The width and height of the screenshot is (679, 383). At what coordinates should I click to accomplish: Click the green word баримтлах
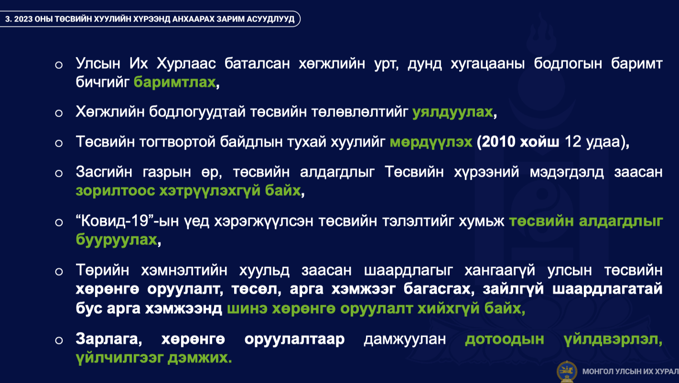pyautogui.click(x=174, y=83)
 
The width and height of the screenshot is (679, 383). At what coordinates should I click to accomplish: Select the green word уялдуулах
pyautogui.click(x=453, y=112)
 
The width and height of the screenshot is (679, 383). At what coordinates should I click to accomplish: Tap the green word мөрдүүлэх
pyautogui.click(x=431, y=142)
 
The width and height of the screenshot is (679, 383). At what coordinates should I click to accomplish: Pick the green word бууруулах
pyautogui.click(x=117, y=240)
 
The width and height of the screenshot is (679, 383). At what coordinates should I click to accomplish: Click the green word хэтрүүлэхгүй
pyautogui.click(x=210, y=191)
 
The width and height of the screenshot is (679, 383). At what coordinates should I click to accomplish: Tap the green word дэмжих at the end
pyautogui.click(x=199, y=358)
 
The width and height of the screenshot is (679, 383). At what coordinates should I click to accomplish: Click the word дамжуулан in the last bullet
pyautogui.click(x=405, y=339)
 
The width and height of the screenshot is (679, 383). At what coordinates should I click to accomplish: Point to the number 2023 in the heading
pyautogui.click(x=23, y=19)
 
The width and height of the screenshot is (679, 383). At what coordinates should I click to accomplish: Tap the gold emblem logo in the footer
pyautogui.click(x=567, y=372)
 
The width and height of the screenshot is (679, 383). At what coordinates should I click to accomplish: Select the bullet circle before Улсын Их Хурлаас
pyautogui.click(x=59, y=65)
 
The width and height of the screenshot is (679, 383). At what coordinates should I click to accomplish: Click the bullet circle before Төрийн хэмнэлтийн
pyautogui.click(x=59, y=272)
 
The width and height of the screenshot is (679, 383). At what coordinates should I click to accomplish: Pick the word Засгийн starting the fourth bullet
pyautogui.click(x=104, y=172)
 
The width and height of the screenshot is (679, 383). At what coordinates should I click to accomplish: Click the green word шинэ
pyautogui.click(x=247, y=309)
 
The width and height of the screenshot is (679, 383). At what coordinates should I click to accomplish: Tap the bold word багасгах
pyautogui.click(x=439, y=289)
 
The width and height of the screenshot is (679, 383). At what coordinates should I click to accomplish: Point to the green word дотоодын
pyautogui.click(x=505, y=340)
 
